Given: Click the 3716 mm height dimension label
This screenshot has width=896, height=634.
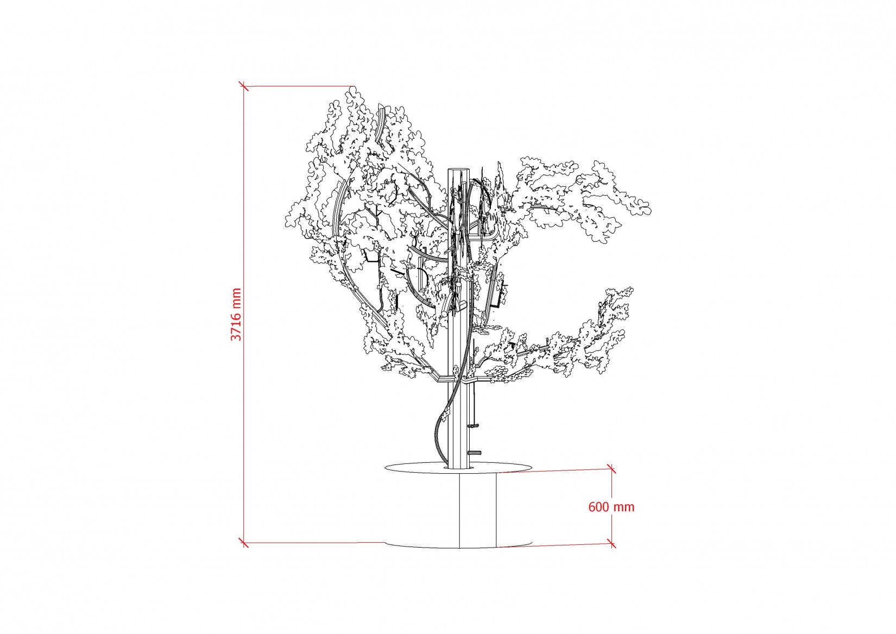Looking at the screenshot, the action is point(236,315).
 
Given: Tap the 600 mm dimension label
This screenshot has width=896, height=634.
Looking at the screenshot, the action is point(611,507).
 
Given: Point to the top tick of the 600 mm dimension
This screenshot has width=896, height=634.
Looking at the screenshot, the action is point(611,469).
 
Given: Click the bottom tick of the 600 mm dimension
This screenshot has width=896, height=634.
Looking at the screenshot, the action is point(611,543).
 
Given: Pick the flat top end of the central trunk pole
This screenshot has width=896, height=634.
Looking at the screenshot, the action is point(458,170).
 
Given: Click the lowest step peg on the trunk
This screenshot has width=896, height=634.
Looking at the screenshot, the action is point(475,453).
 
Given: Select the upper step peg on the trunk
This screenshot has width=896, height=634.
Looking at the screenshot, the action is point(474,426).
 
